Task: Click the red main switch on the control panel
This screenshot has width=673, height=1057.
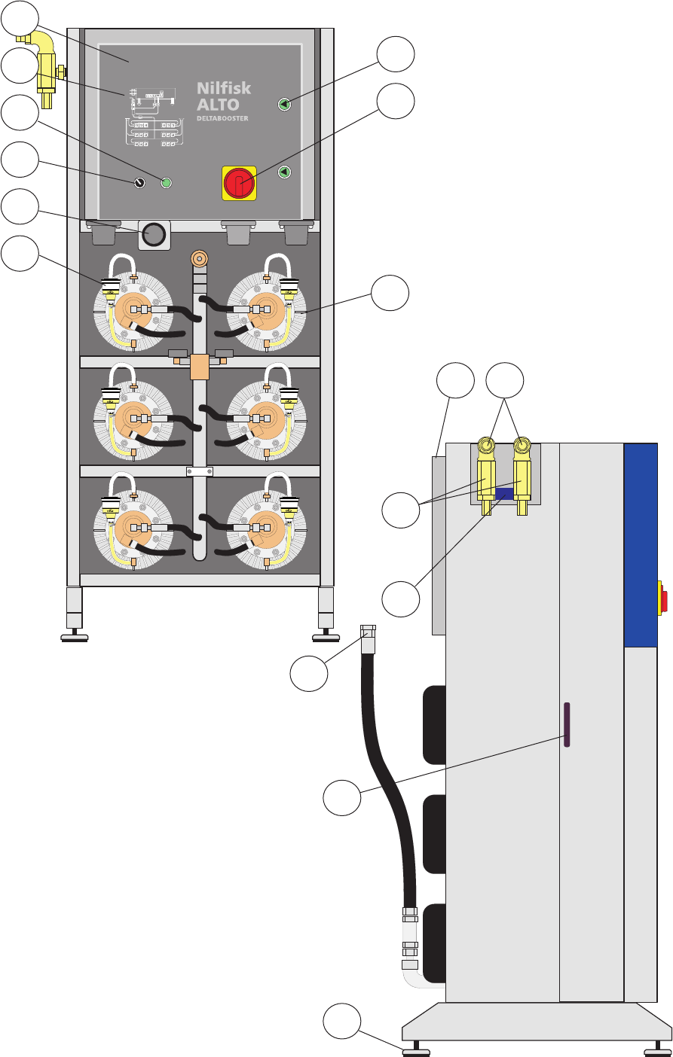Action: pyautogui.click(x=239, y=183)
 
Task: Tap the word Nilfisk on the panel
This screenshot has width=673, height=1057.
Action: pyautogui.click(x=224, y=88)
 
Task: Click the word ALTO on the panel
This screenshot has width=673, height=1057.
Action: pyautogui.click(x=218, y=105)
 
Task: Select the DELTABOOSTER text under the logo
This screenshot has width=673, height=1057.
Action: pyautogui.click(x=222, y=118)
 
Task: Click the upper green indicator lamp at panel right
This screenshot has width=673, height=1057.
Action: pyautogui.click(x=284, y=104)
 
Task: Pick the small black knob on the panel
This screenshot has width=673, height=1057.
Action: pyautogui.click(x=139, y=183)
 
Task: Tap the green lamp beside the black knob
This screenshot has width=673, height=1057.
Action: pyautogui.click(x=167, y=182)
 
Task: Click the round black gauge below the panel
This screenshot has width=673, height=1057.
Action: pyautogui.click(x=154, y=236)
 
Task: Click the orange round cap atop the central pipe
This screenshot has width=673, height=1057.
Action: pyautogui.click(x=199, y=259)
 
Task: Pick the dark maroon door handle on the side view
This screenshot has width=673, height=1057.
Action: pyautogui.click(x=566, y=724)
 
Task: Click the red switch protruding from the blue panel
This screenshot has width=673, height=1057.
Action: pyautogui.click(x=663, y=597)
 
